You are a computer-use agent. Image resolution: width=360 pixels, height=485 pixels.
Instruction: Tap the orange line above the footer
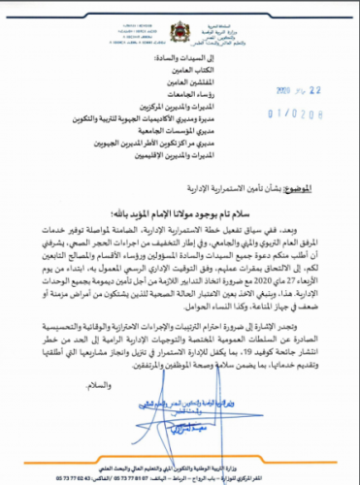(x=180, y=464)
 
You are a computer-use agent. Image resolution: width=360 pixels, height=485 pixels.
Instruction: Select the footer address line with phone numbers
(x=180, y=476)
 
